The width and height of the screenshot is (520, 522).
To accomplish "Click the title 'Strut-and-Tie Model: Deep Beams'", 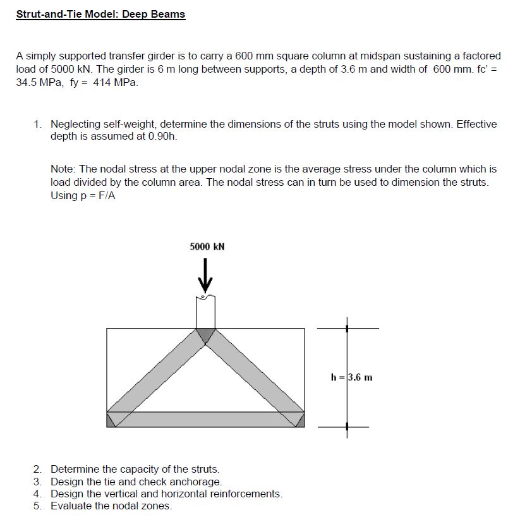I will (x=100, y=14).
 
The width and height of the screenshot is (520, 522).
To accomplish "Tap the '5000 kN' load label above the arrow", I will (x=207, y=246).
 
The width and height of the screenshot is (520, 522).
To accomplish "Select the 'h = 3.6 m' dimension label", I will (x=351, y=378).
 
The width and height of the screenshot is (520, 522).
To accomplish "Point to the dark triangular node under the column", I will (x=206, y=334).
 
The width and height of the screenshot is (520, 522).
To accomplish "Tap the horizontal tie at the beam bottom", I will (x=206, y=420).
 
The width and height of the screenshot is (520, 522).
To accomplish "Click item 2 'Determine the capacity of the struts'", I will (x=135, y=469).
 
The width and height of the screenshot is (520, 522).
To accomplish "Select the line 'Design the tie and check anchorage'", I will (x=136, y=482).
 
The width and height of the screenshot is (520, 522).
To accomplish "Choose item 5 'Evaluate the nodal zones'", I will (x=111, y=506).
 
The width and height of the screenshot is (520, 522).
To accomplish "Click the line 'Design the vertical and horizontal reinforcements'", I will (x=166, y=494).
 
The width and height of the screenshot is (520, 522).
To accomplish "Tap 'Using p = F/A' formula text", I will (x=83, y=195).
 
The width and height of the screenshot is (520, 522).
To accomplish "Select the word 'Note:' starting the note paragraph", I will (x=63, y=169).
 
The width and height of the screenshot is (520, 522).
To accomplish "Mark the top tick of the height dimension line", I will (x=346, y=329).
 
